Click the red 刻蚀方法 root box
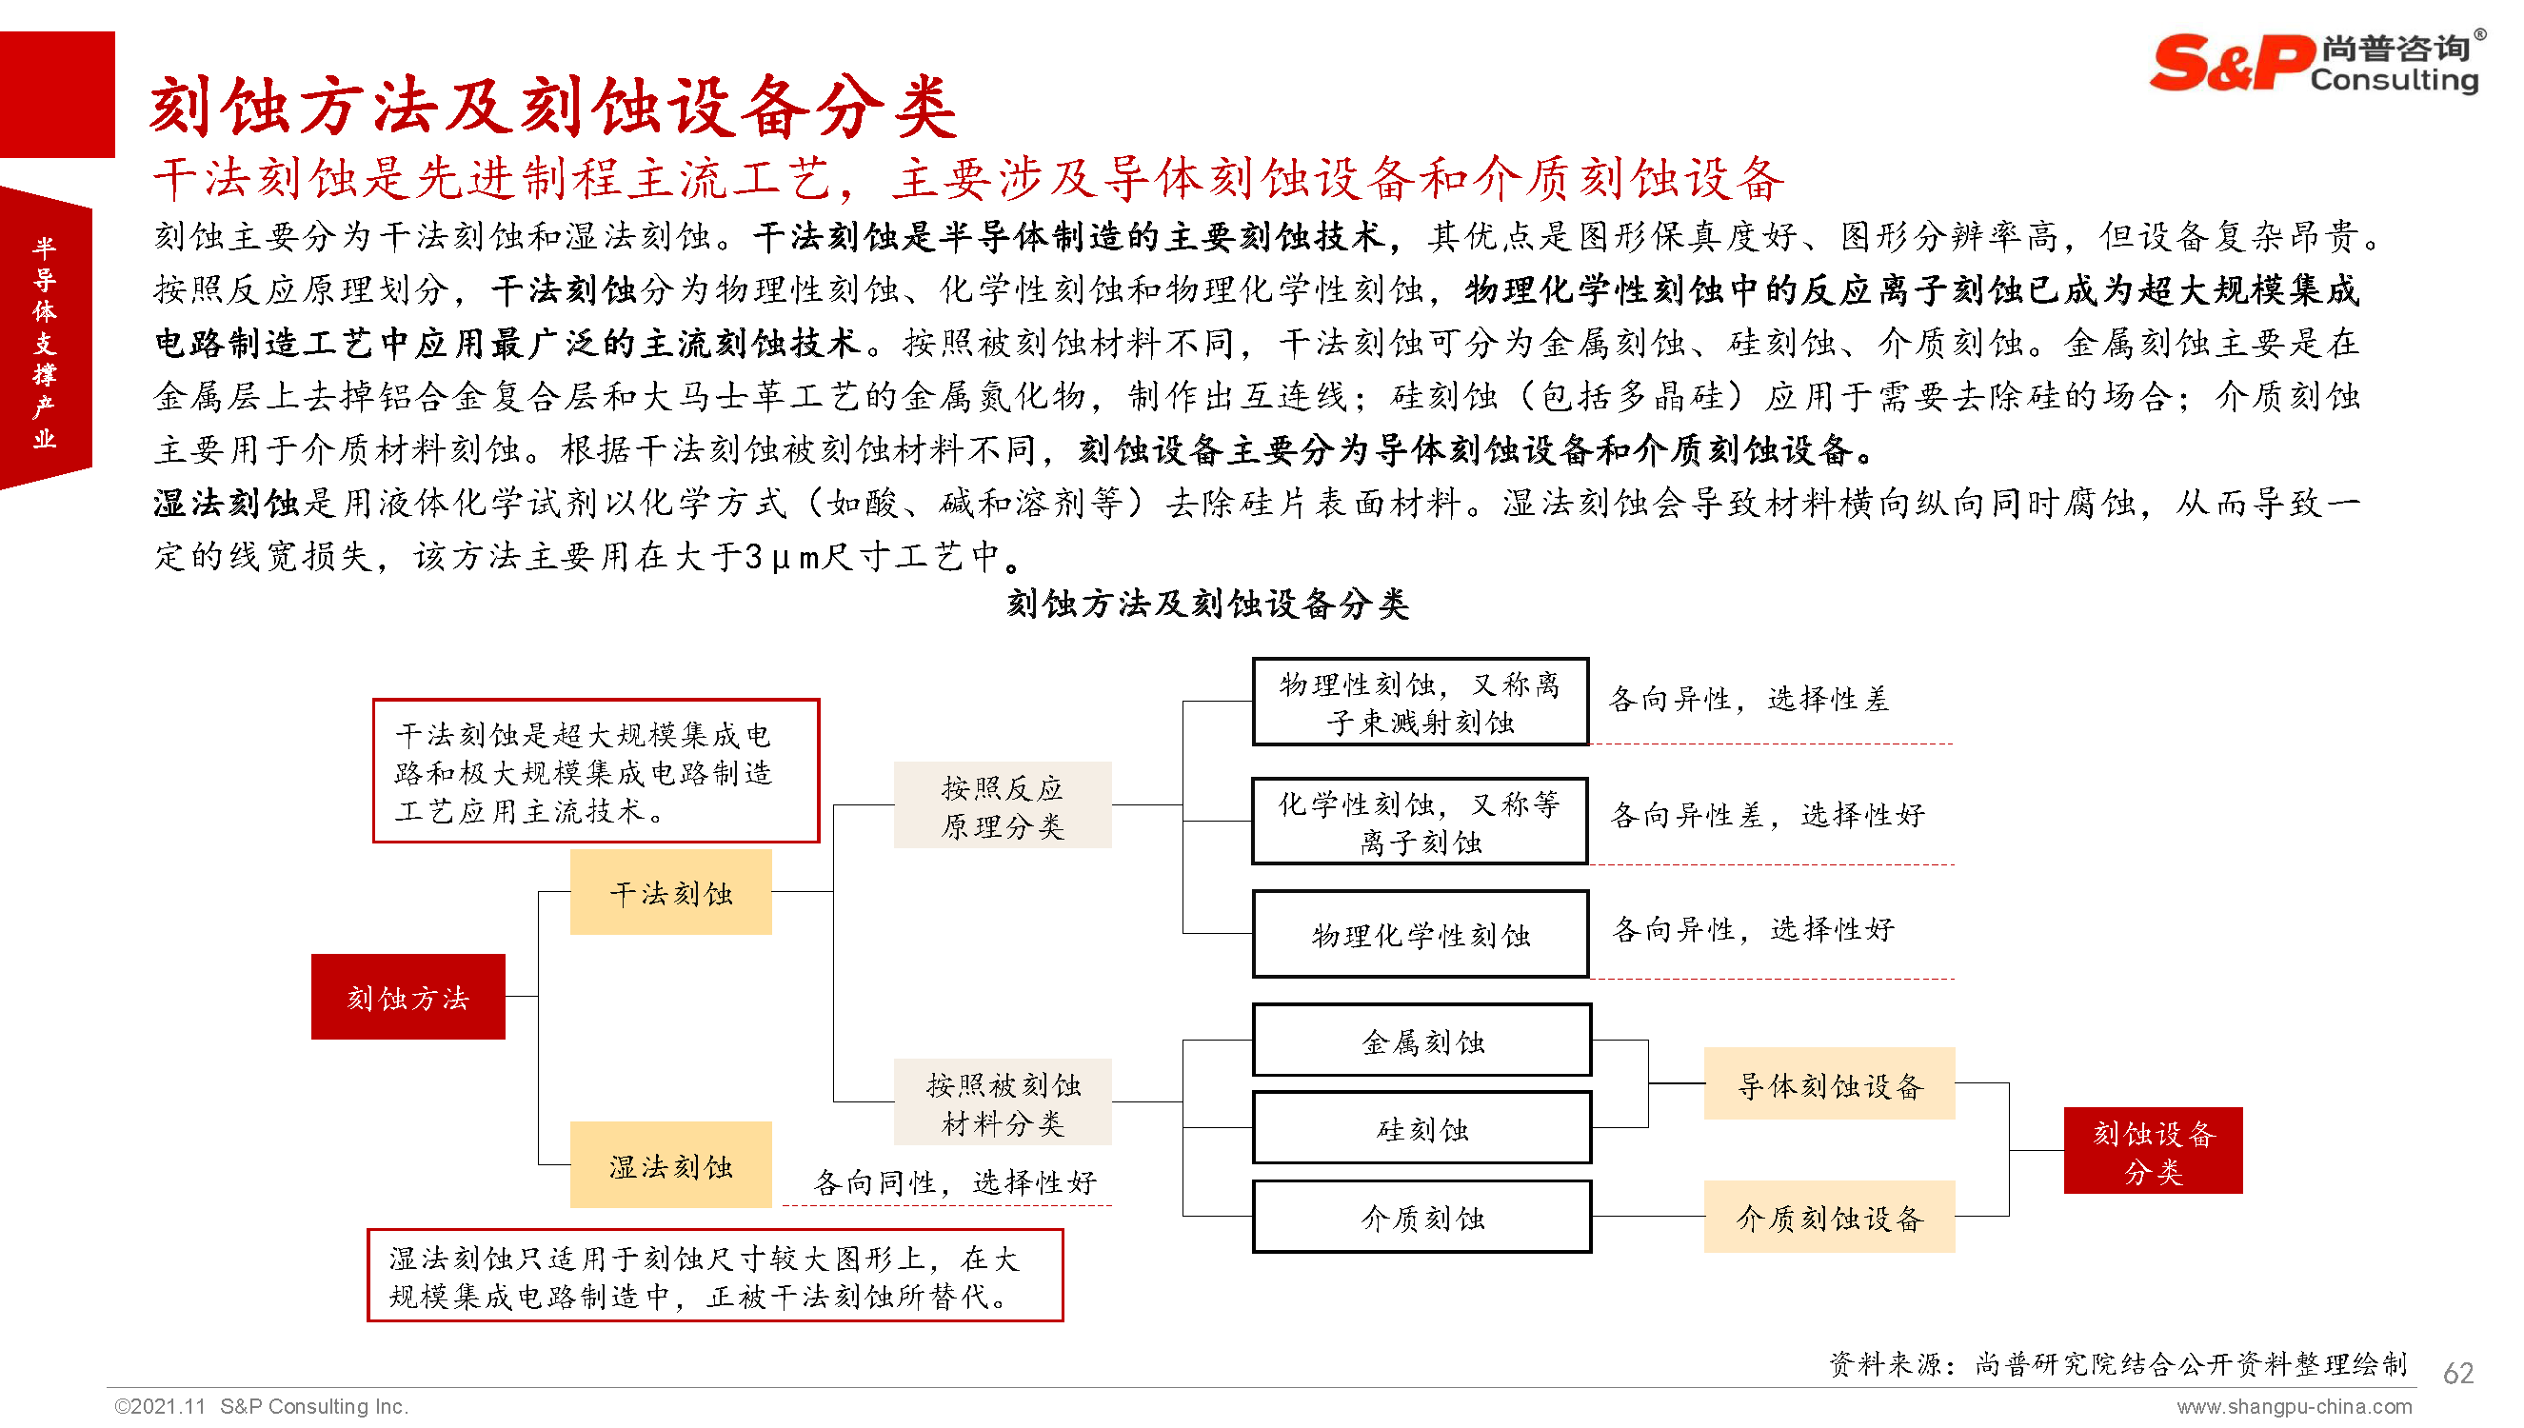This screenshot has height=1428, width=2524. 407,997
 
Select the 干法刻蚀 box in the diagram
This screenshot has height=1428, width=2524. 670,893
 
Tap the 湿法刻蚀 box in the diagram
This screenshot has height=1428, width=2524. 670,1165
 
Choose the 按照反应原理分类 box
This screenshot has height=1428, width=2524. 1003,805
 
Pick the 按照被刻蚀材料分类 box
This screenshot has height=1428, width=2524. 1003,1102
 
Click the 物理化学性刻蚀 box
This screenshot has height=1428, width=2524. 1420,935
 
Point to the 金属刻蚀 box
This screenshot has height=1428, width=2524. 1421,1041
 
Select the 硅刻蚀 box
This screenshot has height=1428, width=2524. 1421,1129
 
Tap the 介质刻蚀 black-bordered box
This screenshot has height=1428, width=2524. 1421,1218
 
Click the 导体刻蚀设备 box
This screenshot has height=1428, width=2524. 1829,1083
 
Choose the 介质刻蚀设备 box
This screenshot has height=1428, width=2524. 1829,1218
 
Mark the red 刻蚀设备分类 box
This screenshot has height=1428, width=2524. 2153,1150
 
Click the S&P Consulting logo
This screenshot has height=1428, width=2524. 2315,64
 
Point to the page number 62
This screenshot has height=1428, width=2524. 2457,1373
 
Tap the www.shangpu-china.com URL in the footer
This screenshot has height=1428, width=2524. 2294,1407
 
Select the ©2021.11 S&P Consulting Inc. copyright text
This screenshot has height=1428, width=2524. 261,1406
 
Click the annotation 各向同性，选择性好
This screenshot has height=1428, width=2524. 954,1182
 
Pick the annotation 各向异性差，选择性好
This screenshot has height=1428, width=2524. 1767,815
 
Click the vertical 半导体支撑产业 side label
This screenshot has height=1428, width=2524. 45,342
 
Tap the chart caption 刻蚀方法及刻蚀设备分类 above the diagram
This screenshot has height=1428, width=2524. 1207,604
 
